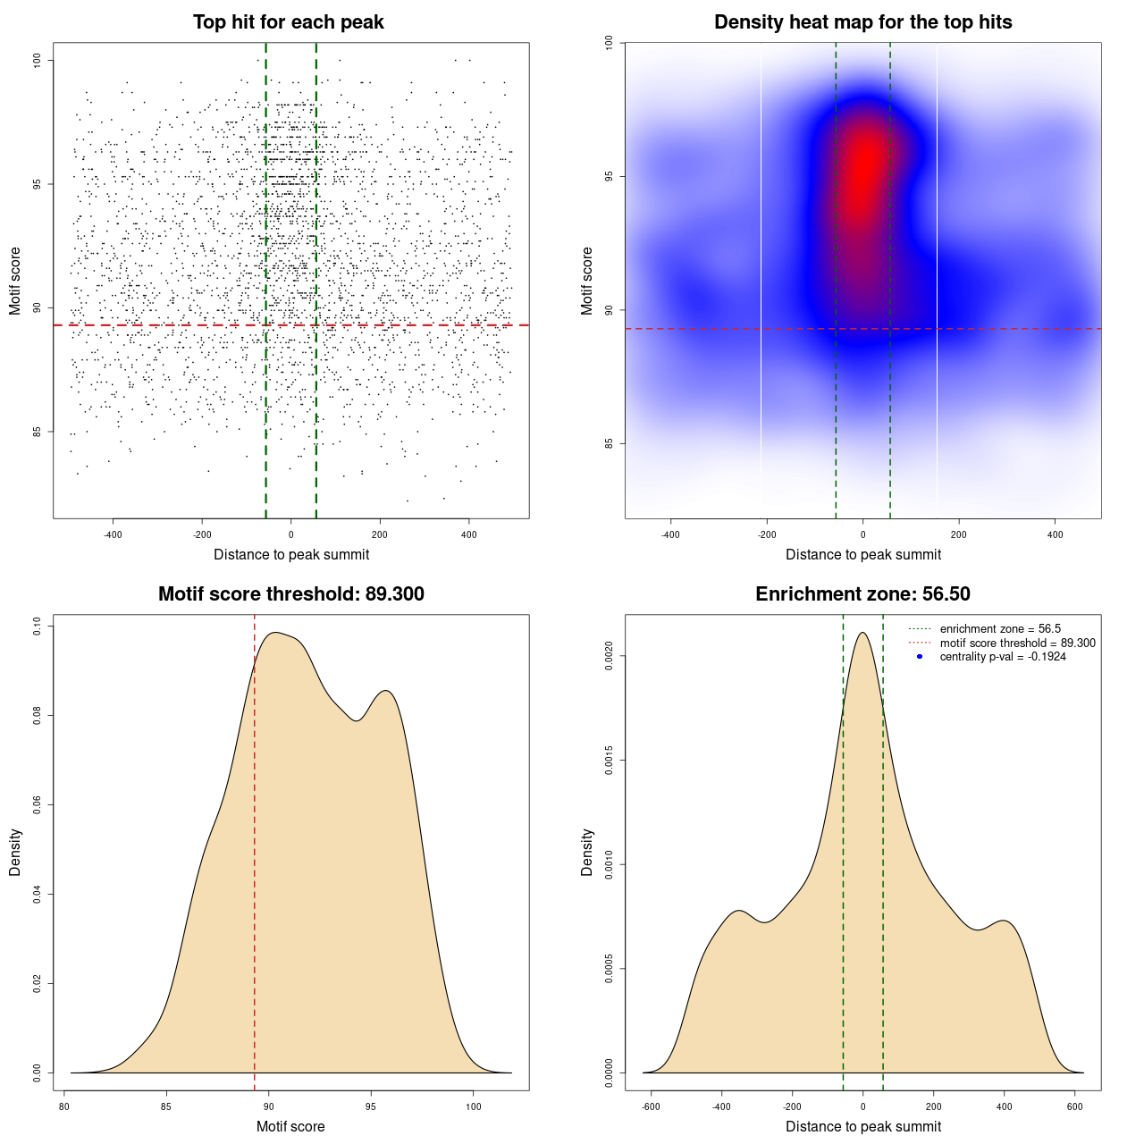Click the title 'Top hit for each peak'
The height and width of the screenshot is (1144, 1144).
(x=288, y=22)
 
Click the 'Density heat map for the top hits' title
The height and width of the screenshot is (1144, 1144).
(x=862, y=22)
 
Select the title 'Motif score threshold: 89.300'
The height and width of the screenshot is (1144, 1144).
(x=290, y=594)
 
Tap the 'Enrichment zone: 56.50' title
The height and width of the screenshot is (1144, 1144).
(x=862, y=594)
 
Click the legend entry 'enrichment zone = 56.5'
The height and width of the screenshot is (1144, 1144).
(x=1000, y=629)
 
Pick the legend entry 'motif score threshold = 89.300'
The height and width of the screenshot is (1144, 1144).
(x=1017, y=643)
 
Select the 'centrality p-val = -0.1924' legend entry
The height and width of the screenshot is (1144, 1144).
(x=1003, y=657)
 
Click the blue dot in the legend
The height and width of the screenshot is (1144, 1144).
(x=920, y=657)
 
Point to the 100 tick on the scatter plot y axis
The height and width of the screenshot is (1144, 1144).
(x=38, y=60)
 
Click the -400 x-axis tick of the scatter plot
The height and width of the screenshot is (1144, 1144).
(x=113, y=535)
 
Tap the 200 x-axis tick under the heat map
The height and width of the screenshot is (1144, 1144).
(x=959, y=535)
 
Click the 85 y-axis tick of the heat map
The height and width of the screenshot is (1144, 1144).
(x=609, y=443)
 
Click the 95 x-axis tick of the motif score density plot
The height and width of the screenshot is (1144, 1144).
(x=371, y=1106)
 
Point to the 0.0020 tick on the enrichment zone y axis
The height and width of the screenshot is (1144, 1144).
(x=609, y=657)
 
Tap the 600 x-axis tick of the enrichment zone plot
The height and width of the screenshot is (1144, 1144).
(x=1075, y=1106)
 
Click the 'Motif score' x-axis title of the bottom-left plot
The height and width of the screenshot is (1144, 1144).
(x=290, y=1126)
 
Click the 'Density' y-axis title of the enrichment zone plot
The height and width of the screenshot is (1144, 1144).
(x=587, y=852)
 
